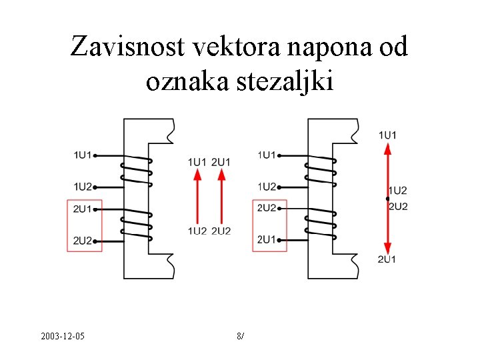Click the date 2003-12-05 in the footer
62,335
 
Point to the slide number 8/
240,335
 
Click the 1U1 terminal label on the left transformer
83,155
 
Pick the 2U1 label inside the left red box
83,209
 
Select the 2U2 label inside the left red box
83,240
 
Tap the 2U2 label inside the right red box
267,209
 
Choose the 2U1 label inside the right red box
267,239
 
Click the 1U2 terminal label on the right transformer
267,186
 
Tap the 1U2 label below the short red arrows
197,231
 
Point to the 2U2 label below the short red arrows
221,231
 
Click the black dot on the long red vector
387,199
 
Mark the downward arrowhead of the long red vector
387,245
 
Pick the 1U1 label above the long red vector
387,135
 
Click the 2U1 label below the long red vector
387,259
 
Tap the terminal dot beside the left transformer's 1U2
95,187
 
